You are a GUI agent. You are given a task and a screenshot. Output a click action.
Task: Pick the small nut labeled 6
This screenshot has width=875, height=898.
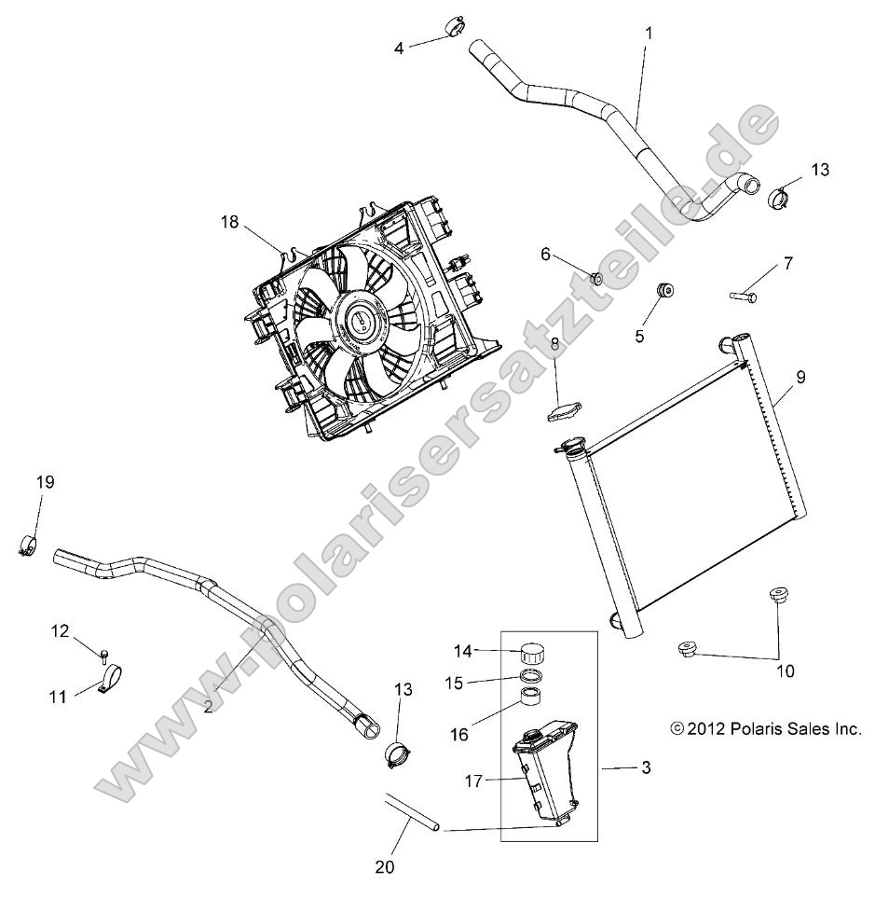click(x=597, y=277)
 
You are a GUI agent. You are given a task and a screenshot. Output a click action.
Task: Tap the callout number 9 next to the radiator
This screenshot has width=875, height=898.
click(x=800, y=378)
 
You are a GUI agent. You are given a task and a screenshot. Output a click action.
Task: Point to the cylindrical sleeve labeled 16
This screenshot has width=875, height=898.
click(x=533, y=700)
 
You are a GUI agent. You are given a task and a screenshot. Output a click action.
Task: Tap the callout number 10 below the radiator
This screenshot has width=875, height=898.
click(x=786, y=670)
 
